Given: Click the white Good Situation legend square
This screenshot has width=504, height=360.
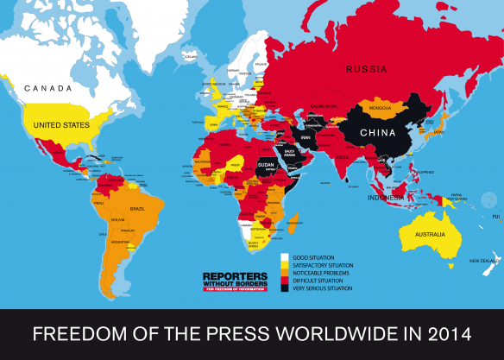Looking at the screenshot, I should (x=285, y=257).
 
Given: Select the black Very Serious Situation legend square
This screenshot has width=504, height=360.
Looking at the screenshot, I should (x=285, y=289).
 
